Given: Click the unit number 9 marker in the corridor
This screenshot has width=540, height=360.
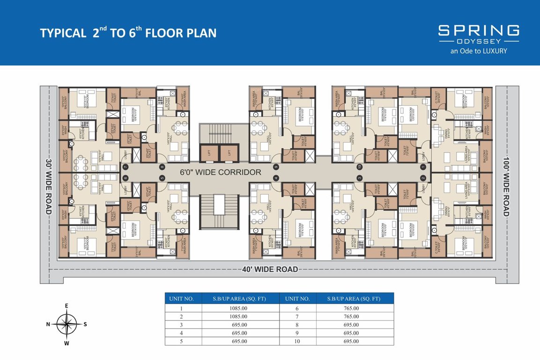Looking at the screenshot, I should (276, 167).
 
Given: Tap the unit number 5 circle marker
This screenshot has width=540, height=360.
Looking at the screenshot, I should (163, 178).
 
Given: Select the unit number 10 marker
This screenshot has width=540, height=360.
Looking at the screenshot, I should (360, 167).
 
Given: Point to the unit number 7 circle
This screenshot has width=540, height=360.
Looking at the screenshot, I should (125, 167).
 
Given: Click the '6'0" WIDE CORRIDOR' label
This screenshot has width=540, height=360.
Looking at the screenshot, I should (221, 172).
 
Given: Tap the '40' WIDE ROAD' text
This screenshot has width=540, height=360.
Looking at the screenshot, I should (270, 269).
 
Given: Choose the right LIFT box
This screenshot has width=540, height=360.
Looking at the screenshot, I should (229, 152).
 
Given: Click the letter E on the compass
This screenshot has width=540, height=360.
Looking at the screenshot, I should (67, 306).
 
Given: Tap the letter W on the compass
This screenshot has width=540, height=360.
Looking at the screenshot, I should (67, 343).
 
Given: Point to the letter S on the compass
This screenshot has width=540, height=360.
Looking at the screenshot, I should (85, 324).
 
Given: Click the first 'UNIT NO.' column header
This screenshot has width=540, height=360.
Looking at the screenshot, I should (183, 299).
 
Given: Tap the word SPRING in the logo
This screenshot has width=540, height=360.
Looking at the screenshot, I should (478, 31).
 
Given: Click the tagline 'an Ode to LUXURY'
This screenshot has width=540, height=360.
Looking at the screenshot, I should (478, 51).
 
